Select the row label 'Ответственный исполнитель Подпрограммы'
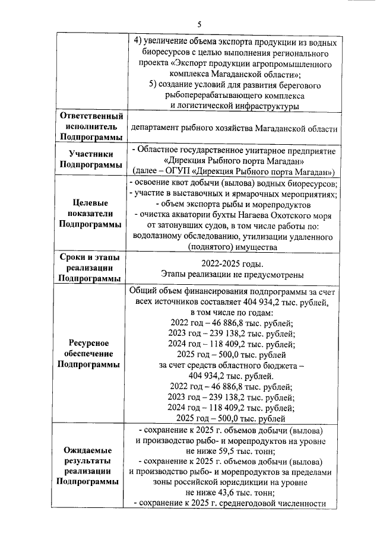[91, 126]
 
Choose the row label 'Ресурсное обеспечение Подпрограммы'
[91, 354]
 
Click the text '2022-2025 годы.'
[232, 264]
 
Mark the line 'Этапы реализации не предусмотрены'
[232, 275]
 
